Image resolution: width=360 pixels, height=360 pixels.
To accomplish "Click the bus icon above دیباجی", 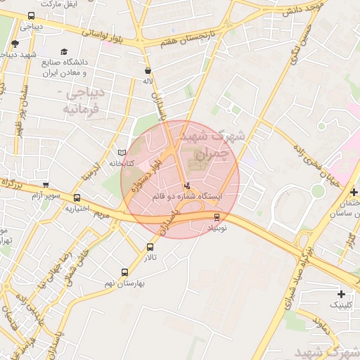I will (x=31, y=16).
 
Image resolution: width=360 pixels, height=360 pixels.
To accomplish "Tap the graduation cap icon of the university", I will (x=65, y=53).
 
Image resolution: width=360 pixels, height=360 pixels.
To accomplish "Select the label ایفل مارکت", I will (x=58, y=4).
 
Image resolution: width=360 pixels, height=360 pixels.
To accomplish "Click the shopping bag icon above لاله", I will (x=148, y=70).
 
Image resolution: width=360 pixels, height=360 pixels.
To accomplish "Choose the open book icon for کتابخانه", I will (x=122, y=153).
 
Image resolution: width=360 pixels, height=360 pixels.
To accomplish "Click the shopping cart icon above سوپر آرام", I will (x=46, y=186).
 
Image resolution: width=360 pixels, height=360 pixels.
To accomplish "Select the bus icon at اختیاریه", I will (x=77, y=198).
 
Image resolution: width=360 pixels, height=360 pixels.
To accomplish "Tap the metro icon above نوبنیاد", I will (x=216, y=217).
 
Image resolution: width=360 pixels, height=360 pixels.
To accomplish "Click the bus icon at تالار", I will (x=150, y=247).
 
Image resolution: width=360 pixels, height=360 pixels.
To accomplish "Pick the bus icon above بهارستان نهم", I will (x=125, y=272).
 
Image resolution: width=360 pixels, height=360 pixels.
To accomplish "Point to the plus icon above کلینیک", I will (x=342, y=293).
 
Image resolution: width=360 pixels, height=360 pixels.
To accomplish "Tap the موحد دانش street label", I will (x=302, y=11).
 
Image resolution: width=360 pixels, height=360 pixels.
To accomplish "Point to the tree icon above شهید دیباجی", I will (x=15, y=44).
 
